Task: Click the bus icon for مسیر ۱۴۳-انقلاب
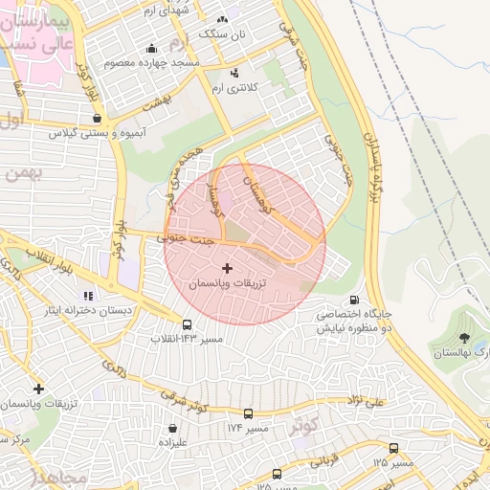pyautogui.click(x=187, y=324)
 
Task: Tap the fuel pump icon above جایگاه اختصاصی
pyautogui.click(x=356, y=300)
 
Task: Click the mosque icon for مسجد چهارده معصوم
pyautogui.click(x=150, y=49)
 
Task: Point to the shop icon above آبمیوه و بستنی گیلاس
pyautogui.click(x=97, y=119)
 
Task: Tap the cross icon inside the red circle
pyautogui.click(x=227, y=269)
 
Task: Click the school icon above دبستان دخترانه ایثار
pyautogui.click(x=88, y=296)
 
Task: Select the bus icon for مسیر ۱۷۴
pyautogui.click(x=249, y=413)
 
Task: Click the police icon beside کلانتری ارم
pyautogui.click(x=234, y=73)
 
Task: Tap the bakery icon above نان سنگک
pyautogui.click(x=222, y=18)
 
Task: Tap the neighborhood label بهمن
pyautogui.click(x=24, y=173)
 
